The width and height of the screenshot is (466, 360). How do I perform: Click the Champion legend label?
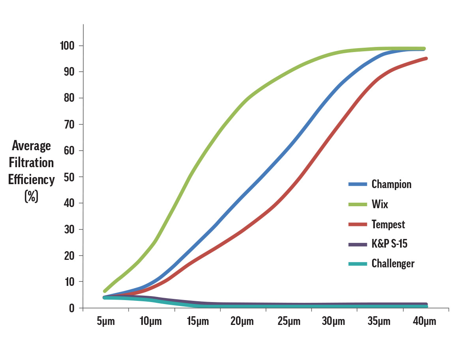point(391,184)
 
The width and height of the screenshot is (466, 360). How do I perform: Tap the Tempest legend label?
point(388,224)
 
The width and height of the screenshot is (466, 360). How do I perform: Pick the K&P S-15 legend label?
point(389,244)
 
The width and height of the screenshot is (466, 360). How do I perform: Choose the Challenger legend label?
point(393,263)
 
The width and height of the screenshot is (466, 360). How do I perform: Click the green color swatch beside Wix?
point(357,204)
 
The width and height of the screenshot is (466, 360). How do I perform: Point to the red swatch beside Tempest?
point(357,224)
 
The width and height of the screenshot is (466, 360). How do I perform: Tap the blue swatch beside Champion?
point(357,184)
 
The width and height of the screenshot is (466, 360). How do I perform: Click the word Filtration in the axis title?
point(31,162)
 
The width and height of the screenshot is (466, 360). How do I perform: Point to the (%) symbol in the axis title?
point(31,196)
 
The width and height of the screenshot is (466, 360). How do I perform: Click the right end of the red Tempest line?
point(426,58)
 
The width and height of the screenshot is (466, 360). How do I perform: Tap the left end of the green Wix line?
point(105,291)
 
